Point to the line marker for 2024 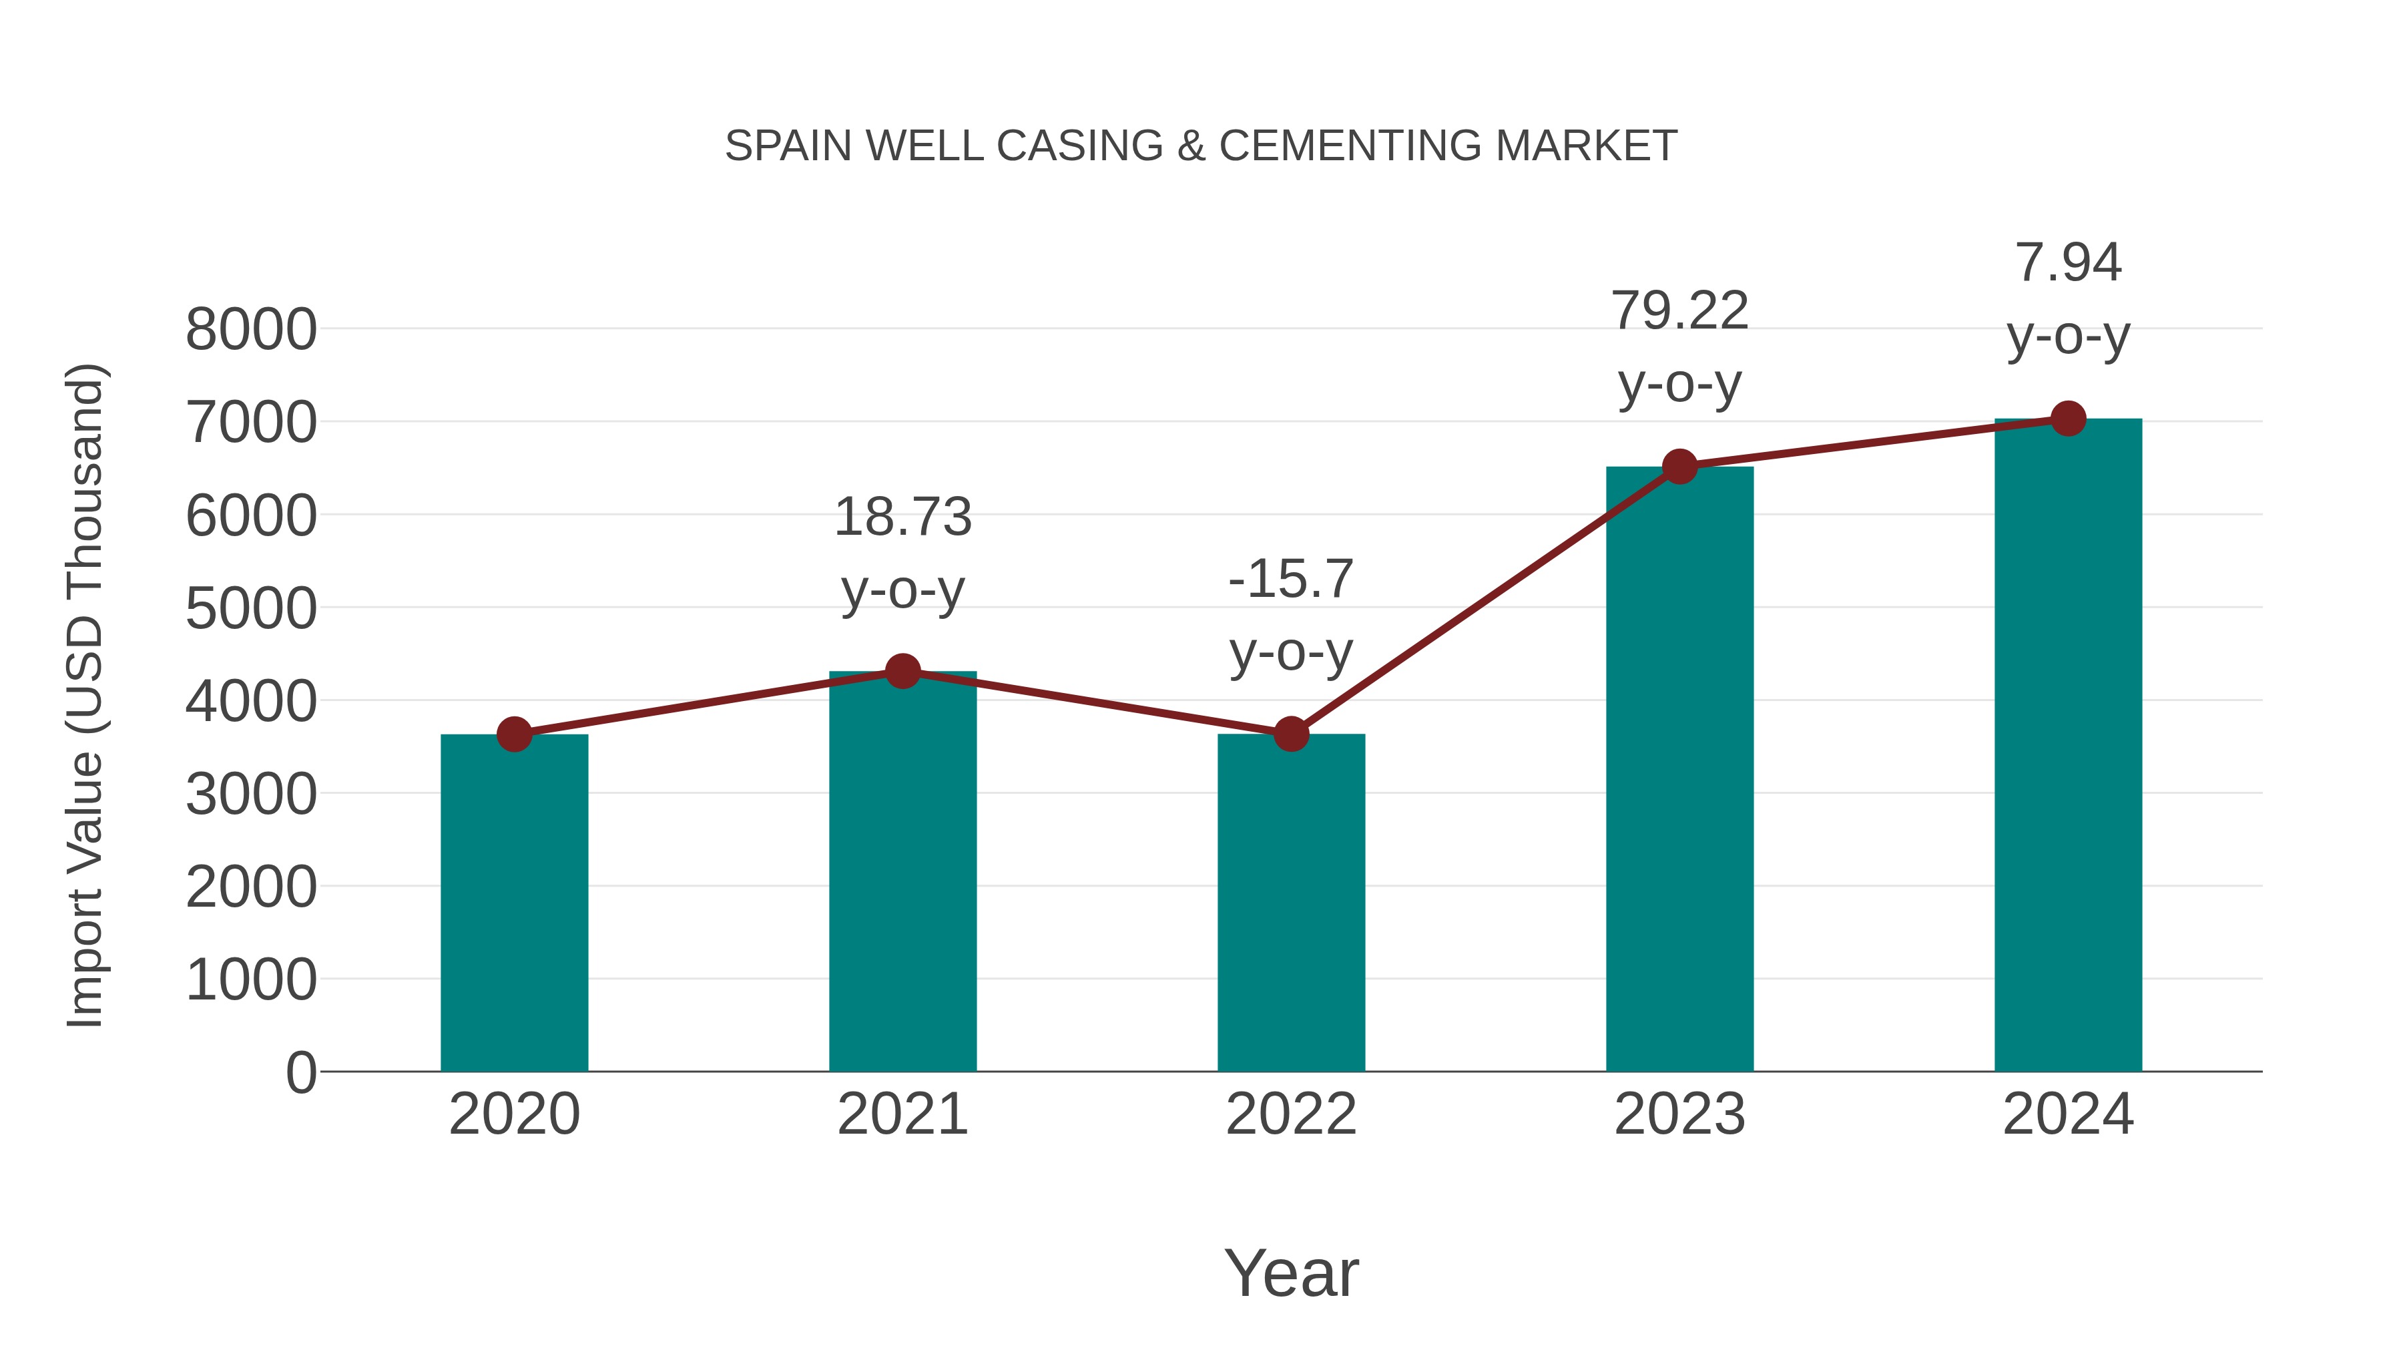click(x=2068, y=419)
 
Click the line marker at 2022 click(x=1291, y=734)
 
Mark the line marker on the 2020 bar click(x=514, y=734)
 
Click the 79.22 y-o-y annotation click(x=1679, y=347)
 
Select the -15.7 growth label click(x=1291, y=615)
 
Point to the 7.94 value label click(x=2068, y=298)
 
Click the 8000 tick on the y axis click(x=251, y=329)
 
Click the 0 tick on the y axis click(x=300, y=1072)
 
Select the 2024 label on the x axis click(x=2068, y=1114)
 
